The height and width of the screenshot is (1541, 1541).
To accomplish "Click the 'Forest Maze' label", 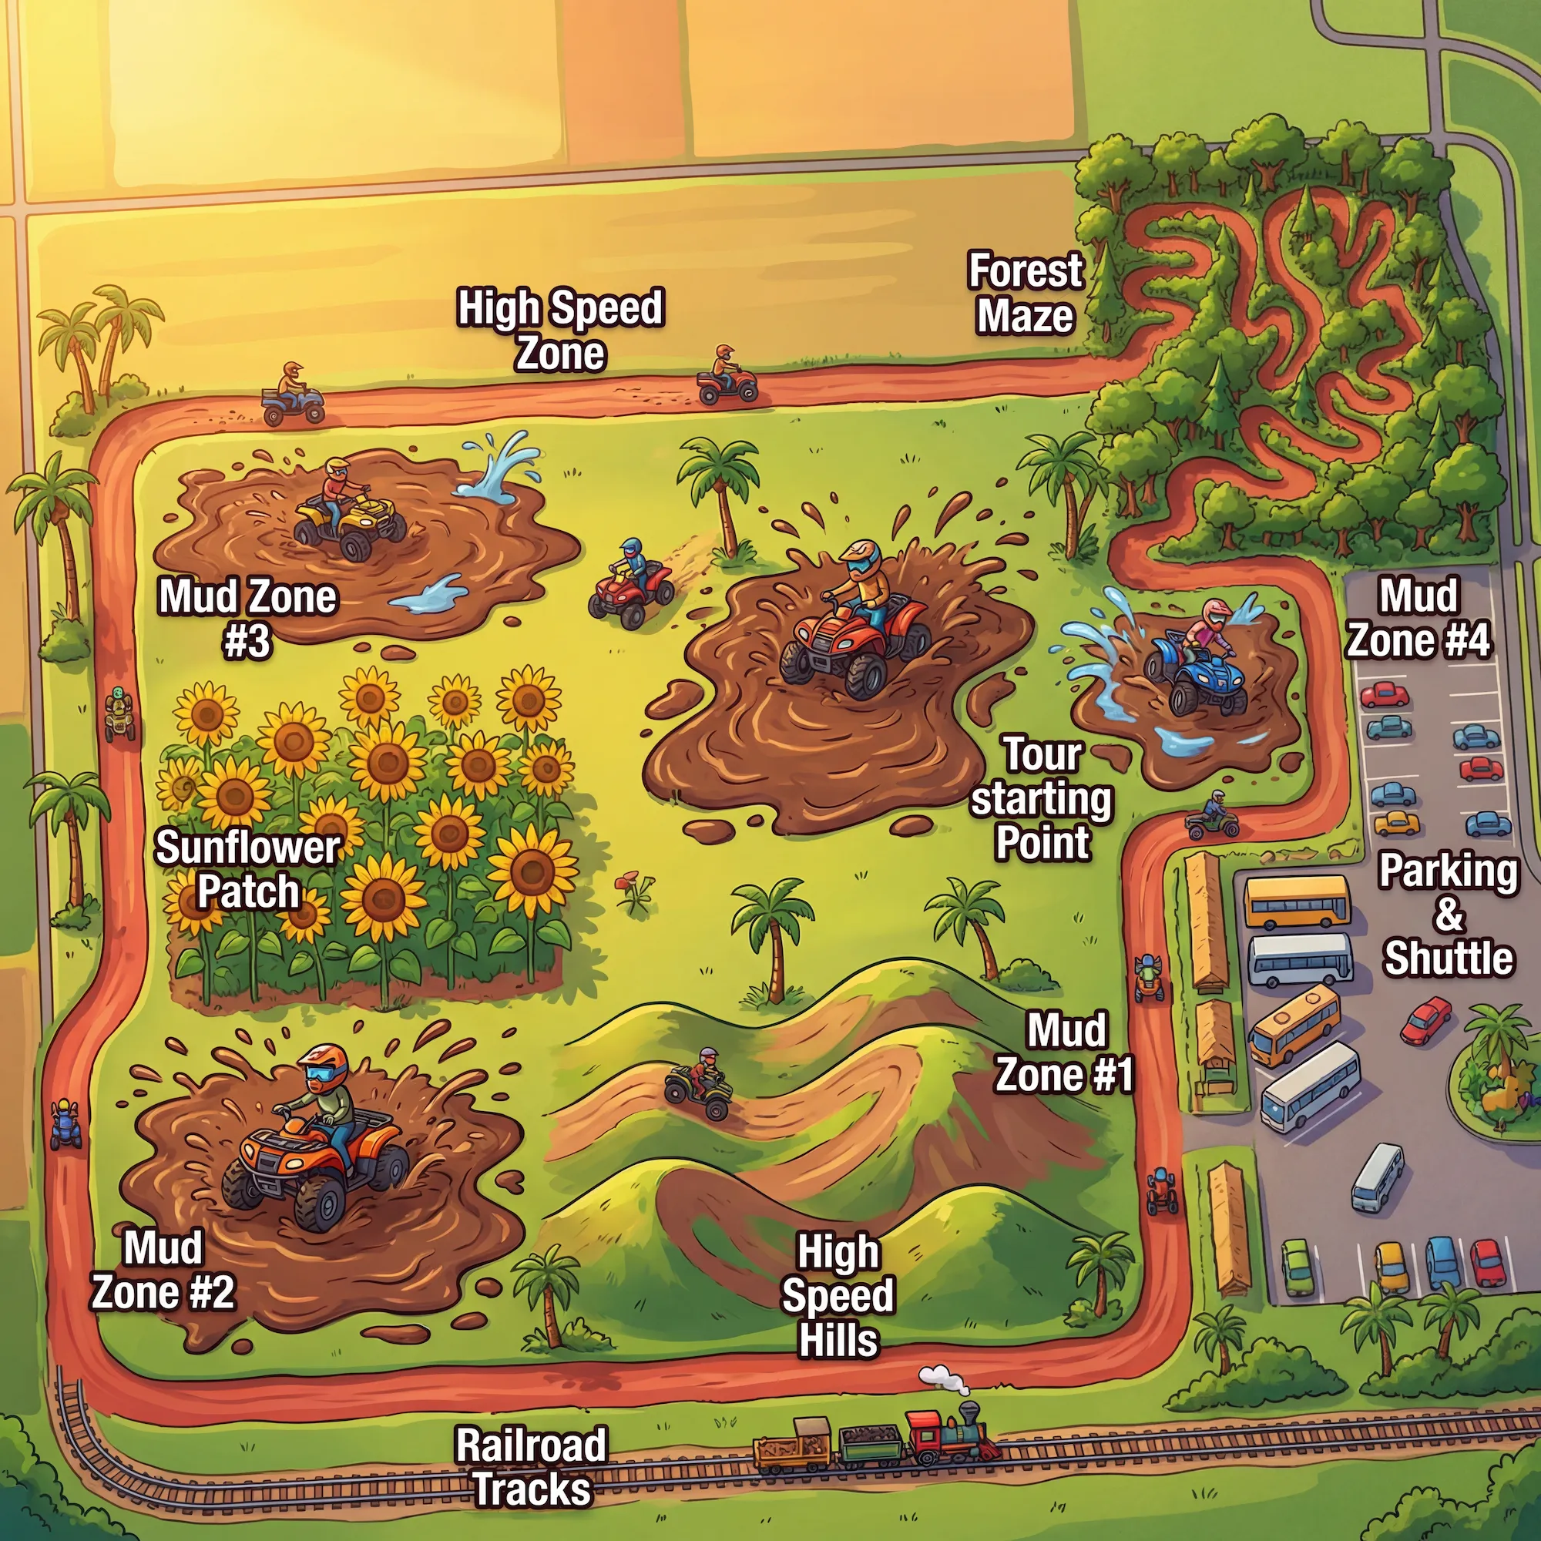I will coord(1025,293).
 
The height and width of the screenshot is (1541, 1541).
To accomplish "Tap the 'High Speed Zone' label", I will coord(560,331).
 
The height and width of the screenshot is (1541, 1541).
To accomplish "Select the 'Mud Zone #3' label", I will coord(248,618).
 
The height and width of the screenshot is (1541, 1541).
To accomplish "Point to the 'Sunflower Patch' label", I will coord(247,869).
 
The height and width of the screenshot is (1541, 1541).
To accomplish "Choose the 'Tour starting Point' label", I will coord(1042,798).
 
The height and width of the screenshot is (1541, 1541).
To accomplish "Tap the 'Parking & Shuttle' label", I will coord(1448,914).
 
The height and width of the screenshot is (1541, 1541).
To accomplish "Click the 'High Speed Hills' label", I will coord(838,1295).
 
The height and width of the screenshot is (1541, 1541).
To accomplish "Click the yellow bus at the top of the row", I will coord(1297,901).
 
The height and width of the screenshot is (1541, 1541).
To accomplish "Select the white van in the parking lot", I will coord(1378,1178).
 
